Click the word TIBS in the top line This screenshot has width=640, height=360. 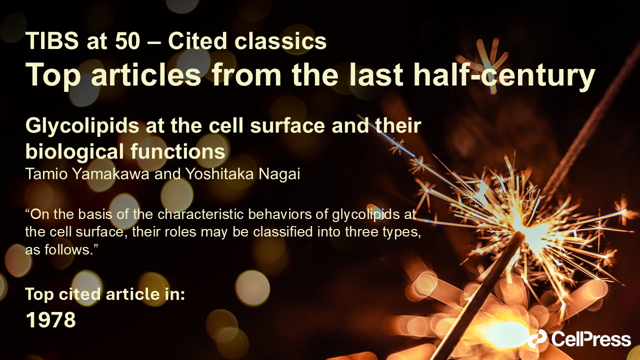(x=52, y=41)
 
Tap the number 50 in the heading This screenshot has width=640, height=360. (x=127, y=41)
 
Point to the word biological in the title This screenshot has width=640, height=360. (x=75, y=151)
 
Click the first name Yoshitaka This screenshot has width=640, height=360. (x=219, y=173)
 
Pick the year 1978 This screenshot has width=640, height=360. (x=51, y=320)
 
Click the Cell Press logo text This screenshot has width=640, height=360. (x=591, y=339)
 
